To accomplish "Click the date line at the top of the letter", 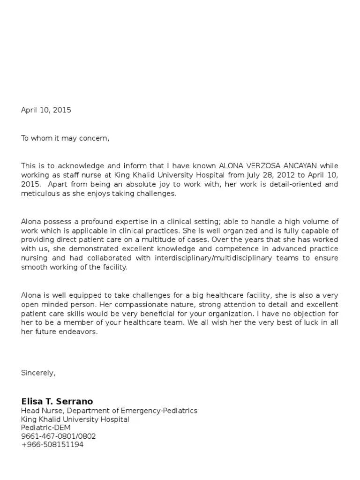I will [x=46, y=110].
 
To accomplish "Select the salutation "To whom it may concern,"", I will [x=65, y=138].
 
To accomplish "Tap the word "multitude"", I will [x=180, y=240].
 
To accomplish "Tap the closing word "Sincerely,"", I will [x=38, y=373].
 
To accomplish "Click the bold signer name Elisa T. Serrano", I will [x=57, y=401].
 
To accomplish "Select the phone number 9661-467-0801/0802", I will [x=59, y=436].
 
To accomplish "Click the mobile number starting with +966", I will [x=52, y=445].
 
